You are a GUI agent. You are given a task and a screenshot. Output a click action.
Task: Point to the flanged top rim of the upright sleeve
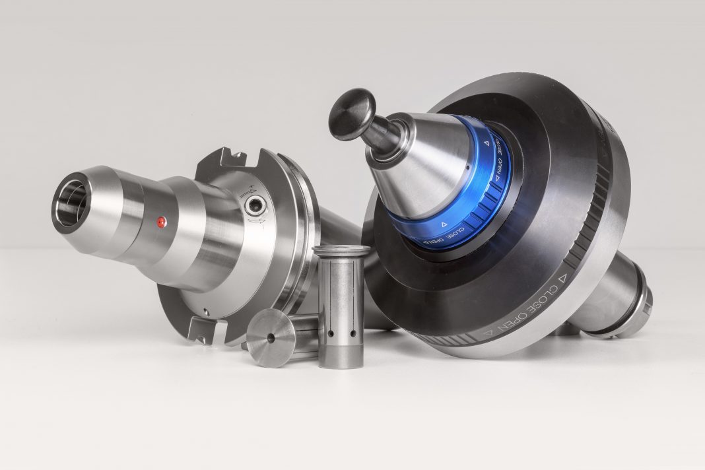point(341,251)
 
